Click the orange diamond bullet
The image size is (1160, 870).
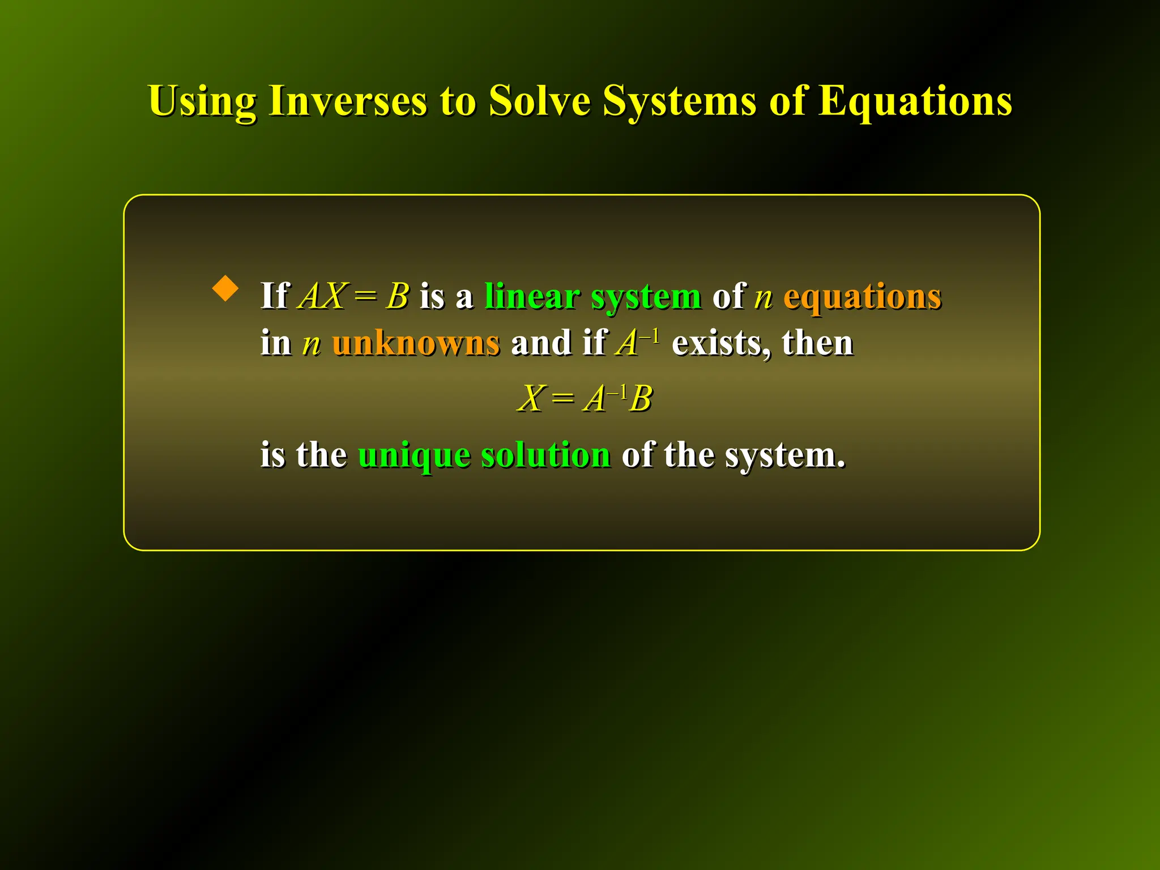225,288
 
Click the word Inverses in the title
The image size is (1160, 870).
347,101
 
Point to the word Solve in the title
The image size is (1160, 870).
539,101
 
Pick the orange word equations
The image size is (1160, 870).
862,297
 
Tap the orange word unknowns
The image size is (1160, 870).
416,343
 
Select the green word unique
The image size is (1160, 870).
413,455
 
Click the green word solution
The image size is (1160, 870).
545,454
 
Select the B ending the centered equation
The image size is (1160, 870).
641,398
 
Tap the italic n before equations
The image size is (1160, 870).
763,297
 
